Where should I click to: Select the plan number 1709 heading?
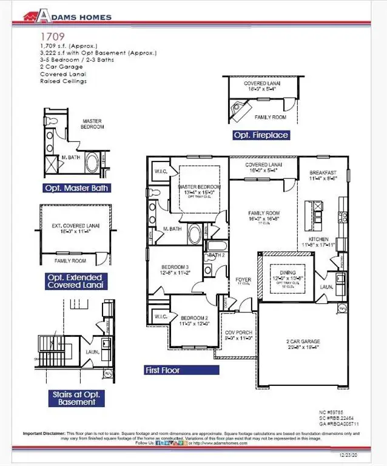pos(50,36)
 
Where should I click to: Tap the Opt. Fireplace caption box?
pos(260,135)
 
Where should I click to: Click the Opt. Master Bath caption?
pos(76,188)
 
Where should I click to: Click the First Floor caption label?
pos(162,370)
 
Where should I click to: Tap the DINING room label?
pos(282,274)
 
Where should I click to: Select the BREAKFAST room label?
pos(323,172)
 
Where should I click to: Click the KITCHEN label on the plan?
pos(319,240)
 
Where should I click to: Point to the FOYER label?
pos(243,280)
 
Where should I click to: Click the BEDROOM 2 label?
pos(195,318)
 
